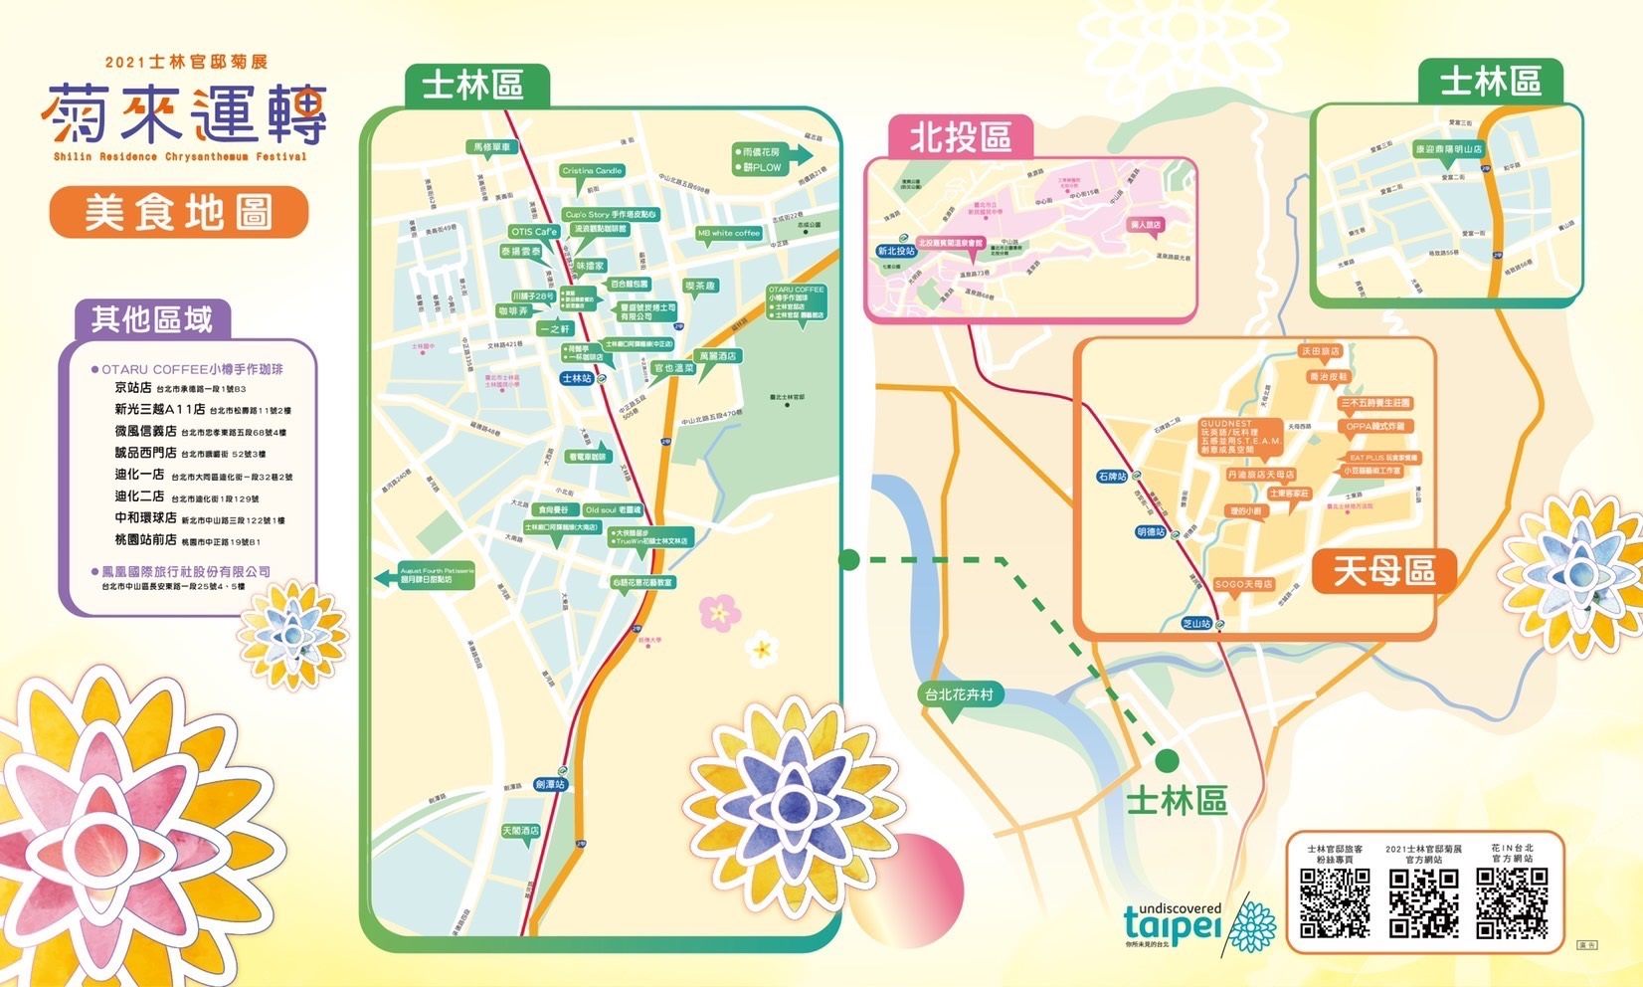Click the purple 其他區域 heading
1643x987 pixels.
[x=152, y=319]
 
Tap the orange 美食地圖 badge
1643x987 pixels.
[x=179, y=213]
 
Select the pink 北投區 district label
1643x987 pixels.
[x=960, y=137]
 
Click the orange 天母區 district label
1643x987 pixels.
[x=1383, y=572]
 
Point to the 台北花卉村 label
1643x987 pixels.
[x=959, y=694]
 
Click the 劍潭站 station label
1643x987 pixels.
[x=550, y=784]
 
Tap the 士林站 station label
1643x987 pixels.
[x=577, y=378]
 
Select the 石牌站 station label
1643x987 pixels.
[x=1113, y=477]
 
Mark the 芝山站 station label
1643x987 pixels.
[x=1196, y=624]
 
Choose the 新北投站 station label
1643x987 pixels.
[x=895, y=252]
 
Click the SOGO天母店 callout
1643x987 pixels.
[x=1243, y=584]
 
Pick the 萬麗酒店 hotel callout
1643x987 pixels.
[x=717, y=355]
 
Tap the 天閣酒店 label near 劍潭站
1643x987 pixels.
[x=520, y=830]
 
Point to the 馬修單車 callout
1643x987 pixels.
[x=492, y=147]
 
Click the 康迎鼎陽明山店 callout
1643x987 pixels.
[x=1448, y=149]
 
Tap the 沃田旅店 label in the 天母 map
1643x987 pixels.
[x=1320, y=351]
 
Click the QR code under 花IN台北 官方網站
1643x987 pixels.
[x=1512, y=903]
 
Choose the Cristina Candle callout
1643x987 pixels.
[x=592, y=171]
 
